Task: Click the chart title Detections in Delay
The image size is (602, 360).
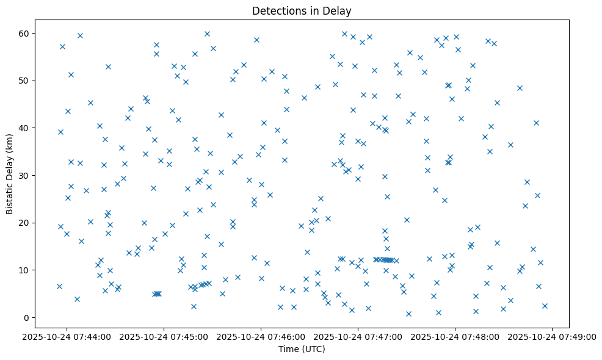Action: pyautogui.click(x=302, y=10)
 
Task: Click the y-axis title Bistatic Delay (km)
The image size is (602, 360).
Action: pyautogui.click(x=10, y=174)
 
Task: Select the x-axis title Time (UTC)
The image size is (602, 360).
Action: pyautogui.click(x=302, y=349)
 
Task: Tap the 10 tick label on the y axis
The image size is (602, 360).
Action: pyautogui.click(x=25, y=270)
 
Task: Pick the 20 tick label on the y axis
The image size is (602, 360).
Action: pyautogui.click(x=25, y=223)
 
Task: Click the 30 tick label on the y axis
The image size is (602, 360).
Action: pyautogui.click(x=25, y=176)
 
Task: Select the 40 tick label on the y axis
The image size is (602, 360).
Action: pyautogui.click(x=25, y=128)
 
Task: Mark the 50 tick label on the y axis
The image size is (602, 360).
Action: pyautogui.click(x=25, y=81)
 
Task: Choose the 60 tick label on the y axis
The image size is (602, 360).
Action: pyautogui.click(x=25, y=33)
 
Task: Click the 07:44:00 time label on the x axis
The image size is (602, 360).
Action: pyautogui.click(x=67, y=336)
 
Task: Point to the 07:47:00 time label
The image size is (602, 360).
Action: pyautogui.click(x=358, y=336)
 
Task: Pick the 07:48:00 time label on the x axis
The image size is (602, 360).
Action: pyautogui.click(x=455, y=336)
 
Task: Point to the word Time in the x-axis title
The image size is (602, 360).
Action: pyautogui.click(x=289, y=349)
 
